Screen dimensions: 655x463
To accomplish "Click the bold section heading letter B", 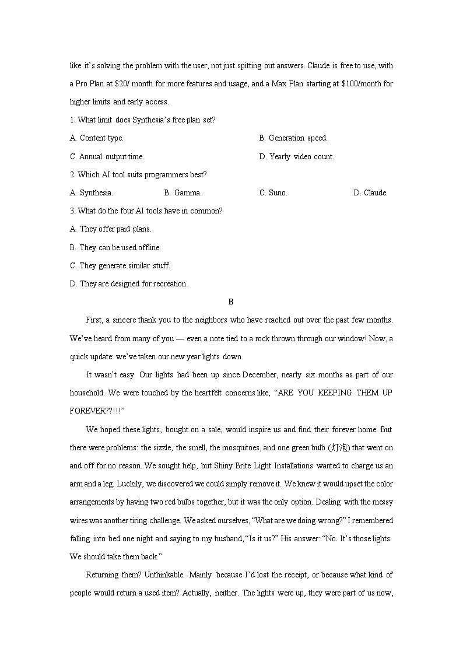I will [x=231, y=302].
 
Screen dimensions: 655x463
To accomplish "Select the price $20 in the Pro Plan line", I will [x=121, y=84].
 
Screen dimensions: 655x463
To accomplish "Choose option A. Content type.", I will [x=97, y=138].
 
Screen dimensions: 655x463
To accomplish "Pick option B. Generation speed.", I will [x=293, y=138].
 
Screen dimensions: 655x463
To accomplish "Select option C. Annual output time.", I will [x=107, y=156].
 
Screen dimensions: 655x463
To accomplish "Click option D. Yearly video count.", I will [x=296, y=156].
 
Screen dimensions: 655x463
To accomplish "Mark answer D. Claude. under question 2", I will [x=370, y=192].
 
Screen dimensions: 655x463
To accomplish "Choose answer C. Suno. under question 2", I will [x=273, y=192].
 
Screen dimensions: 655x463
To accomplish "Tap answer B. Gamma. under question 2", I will [x=183, y=192].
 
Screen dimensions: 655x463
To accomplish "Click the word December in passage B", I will [x=233, y=374].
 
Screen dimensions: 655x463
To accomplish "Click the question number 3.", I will [x=72, y=211].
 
